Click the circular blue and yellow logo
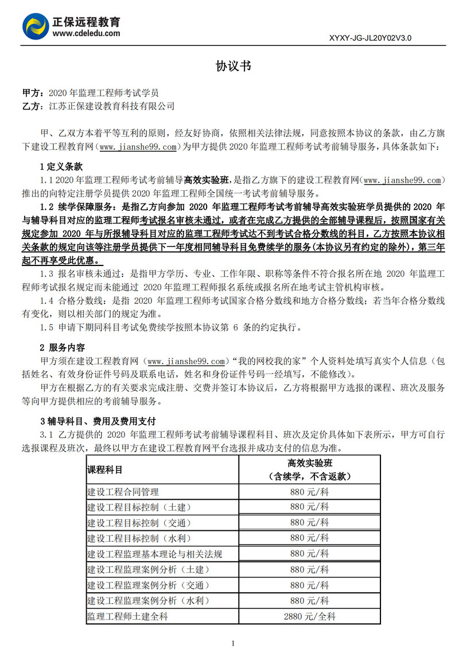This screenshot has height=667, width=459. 35,26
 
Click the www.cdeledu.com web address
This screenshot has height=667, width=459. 86,33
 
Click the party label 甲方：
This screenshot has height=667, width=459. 32,92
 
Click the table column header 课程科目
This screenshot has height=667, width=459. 104,469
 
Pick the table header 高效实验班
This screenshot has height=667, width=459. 310,463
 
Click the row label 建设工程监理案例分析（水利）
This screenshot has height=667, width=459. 148,601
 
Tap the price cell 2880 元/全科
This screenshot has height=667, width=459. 309,616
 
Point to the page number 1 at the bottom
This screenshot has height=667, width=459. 233,643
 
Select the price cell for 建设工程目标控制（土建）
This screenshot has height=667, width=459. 309,507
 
